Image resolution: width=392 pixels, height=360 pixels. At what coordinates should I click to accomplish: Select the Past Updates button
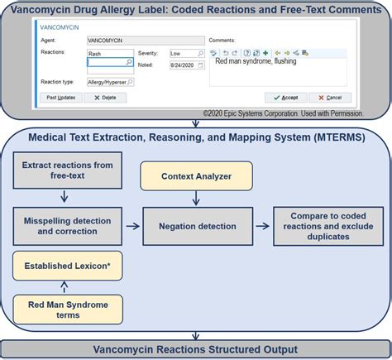point(61,97)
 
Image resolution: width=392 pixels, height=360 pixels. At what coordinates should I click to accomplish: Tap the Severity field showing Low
point(185,53)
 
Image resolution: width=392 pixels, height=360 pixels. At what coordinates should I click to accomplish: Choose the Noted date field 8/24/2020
point(185,64)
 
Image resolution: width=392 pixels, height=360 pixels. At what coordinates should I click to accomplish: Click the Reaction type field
point(110,82)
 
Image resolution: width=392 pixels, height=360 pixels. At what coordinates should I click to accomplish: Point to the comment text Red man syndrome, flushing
point(256,61)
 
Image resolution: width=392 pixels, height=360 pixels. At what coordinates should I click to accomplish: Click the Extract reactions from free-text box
point(68,170)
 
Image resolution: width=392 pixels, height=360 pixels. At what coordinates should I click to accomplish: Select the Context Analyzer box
point(195,176)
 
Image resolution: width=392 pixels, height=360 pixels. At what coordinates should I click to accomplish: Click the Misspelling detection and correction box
point(68,226)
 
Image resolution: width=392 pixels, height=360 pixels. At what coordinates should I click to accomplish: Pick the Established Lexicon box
point(68,266)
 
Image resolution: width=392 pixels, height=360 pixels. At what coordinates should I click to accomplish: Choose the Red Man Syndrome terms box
point(68,309)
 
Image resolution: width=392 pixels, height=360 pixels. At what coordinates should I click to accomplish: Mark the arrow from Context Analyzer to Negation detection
point(195,199)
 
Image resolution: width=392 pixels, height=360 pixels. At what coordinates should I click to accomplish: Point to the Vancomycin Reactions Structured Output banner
point(195,348)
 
